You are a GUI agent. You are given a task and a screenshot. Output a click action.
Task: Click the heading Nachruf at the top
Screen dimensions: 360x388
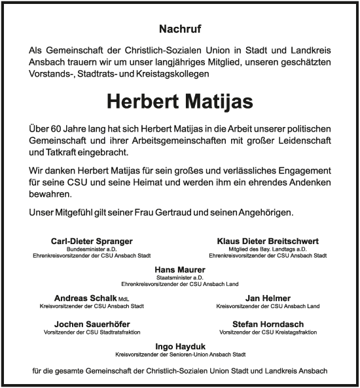pyautogui.click(x=179, y=29)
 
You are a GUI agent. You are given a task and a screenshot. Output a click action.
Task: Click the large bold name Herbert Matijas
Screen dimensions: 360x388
pyautogui.click(x=179, y=102)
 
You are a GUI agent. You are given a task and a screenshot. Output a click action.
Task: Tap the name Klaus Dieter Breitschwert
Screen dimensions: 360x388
pyautogui.click(x=268, y=241)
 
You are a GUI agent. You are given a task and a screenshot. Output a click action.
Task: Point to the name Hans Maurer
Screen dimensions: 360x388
pyautogui.click(x=179, y=270)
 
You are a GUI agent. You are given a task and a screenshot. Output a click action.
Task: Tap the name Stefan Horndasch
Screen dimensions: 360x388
pyautogui.click(x=268, y=325)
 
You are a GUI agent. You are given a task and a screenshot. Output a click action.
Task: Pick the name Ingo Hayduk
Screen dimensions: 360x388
pyautogui.click(x=179, y=346)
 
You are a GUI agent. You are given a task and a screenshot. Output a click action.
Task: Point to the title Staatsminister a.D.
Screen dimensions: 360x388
pyautogui.click(x=179, y=278)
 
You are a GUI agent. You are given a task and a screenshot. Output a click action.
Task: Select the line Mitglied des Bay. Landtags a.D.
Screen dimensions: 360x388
pyautogui.click(x=268, y=250)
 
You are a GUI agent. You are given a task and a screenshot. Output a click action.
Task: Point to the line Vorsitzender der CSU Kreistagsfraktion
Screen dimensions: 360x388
pyautogui.click(x=268, y=333)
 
